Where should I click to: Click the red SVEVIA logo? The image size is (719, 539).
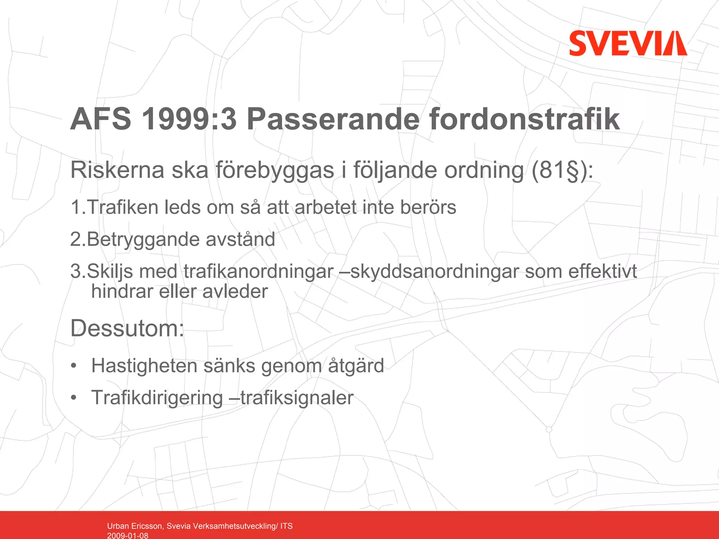628,43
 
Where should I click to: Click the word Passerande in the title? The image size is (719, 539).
333,119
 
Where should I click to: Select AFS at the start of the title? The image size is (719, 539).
101,119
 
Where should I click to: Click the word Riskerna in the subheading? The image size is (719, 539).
117,170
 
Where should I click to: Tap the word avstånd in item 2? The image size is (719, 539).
240,240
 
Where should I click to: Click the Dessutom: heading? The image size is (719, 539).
127,329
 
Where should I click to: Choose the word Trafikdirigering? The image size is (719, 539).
157,398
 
